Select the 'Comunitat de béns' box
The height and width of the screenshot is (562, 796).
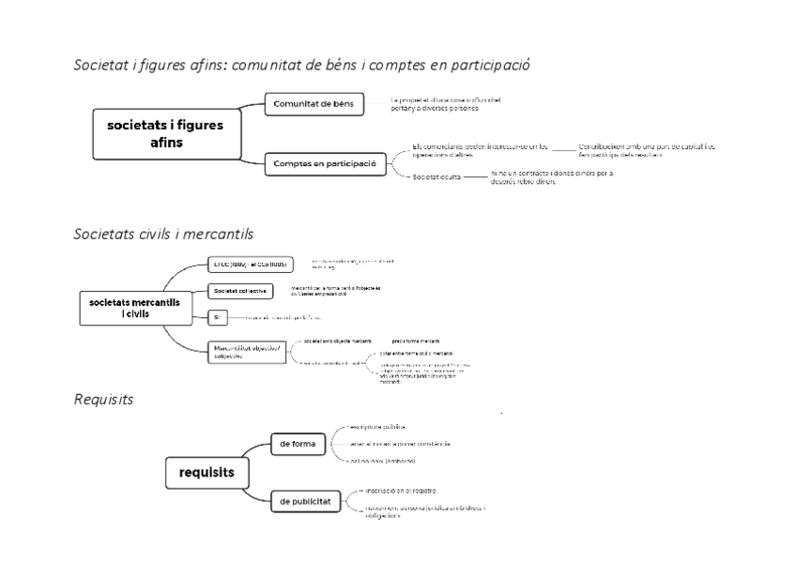coord(314,103)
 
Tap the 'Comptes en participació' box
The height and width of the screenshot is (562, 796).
coord(324,163)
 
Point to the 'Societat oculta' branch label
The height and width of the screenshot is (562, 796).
coord(437,176)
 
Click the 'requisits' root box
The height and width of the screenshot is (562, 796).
coord(207,473)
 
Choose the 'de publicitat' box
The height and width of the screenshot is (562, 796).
coord(302,501)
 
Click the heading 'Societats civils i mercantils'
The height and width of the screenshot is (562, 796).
coord(163,232)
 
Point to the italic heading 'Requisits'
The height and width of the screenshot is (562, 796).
coord(103,400)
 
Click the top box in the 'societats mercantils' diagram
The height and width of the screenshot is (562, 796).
coord(251,264)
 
